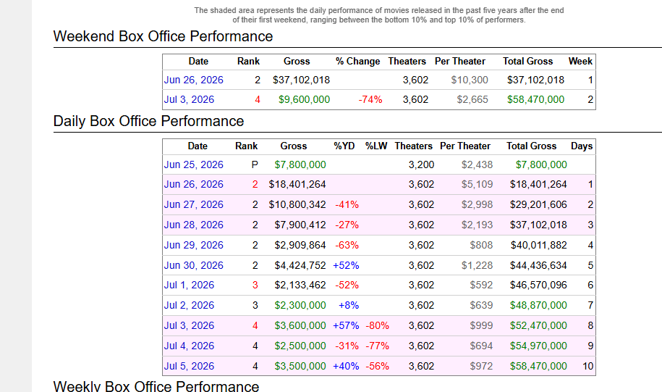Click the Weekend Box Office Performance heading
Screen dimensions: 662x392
[163, 36]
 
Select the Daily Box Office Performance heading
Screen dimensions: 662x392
[148, 121]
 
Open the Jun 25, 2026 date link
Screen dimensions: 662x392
[193, 165]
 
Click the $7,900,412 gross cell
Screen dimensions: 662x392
[300, 225]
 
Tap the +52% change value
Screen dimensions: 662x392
[347, 266]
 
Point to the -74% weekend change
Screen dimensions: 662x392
[370, 100]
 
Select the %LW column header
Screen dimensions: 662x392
[376, 146]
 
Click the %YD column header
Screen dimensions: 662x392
[344, 146]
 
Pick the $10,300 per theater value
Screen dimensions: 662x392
[470, 80]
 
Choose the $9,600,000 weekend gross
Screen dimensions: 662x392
[304, 100]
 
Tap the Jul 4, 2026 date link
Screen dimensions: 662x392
[189, 346]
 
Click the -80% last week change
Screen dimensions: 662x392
[377, 325]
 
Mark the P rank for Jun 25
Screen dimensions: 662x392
[255, 165]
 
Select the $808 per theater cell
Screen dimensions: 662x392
[481, 245]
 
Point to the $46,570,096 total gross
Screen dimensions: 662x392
[538, 285]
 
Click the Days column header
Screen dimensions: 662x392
[582, 146]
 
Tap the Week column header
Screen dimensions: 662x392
[580, 62]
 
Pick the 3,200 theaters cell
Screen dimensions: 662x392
[421, 165]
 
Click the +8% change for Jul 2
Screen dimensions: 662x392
[349, 305]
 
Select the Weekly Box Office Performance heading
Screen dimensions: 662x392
[156, 386]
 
